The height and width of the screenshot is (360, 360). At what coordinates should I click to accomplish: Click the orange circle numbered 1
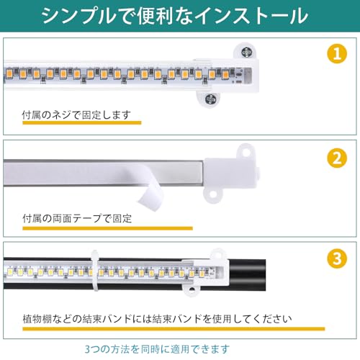337,53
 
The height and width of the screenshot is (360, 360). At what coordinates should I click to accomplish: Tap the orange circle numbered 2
337,158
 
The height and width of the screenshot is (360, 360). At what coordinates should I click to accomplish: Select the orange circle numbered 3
337,258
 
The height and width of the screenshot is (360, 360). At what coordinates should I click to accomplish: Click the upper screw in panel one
246,51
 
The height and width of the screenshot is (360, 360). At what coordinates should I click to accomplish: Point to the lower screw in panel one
210,99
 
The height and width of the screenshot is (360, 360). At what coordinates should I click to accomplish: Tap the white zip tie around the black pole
95,271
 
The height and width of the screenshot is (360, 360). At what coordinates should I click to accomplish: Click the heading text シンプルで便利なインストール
174,16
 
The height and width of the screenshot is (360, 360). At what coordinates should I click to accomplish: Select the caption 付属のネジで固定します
76,114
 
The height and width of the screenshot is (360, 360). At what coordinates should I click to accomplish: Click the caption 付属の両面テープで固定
77,218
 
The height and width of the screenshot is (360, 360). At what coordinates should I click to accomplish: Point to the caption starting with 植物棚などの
157,319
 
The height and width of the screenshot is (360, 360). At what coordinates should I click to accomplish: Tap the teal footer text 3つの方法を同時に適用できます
157,349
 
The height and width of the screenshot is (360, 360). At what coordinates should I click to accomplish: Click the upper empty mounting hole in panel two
246,152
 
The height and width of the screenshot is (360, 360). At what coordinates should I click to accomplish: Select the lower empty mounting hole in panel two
212,194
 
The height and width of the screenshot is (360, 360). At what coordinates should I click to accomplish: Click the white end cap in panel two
232,174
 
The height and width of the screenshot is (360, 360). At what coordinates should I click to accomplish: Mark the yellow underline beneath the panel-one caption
82,122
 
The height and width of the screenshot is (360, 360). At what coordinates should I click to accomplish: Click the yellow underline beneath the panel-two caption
107,228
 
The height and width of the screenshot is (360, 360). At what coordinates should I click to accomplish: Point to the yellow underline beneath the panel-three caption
174,328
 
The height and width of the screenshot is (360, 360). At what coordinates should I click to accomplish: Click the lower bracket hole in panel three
192,290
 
